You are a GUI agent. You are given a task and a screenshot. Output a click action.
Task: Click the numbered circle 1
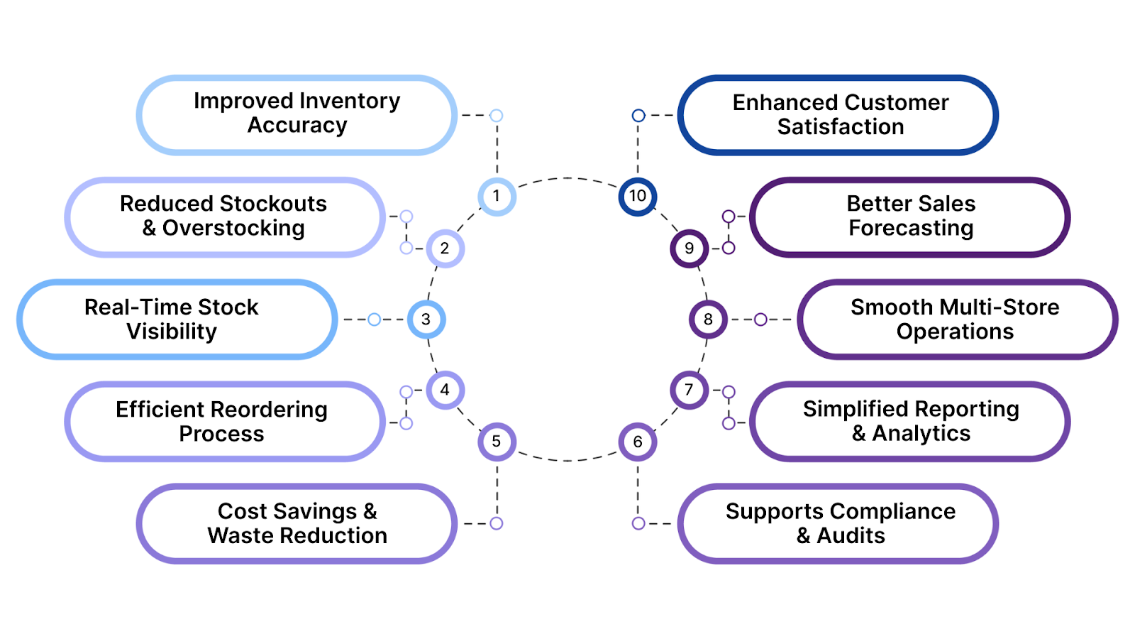[497, 196]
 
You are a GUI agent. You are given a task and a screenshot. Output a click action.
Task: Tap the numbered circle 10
[637, 196]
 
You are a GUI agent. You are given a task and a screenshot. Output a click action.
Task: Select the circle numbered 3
[426, 319]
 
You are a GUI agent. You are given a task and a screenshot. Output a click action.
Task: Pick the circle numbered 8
[708, 319]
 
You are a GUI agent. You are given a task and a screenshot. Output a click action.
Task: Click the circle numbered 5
[497, 442]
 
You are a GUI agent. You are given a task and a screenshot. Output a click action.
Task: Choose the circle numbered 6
[637, 442]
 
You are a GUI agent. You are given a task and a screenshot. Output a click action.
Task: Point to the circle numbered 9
[689, 248]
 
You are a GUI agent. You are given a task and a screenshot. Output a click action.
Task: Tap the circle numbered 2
[445, 248]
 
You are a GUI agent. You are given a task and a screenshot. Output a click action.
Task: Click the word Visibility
[172, 332]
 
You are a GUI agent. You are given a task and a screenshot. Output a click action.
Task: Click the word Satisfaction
[841, 127]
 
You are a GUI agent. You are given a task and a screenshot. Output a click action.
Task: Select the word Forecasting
[911, 229]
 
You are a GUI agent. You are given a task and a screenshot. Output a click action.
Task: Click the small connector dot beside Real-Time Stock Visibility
[375, 319]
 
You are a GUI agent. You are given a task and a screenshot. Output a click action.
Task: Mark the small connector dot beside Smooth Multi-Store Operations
[760, 319]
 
